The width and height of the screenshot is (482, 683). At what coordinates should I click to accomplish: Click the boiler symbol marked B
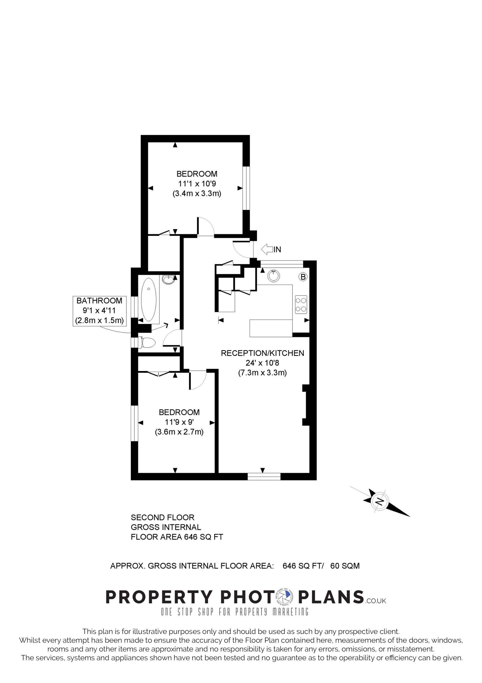point(303,277)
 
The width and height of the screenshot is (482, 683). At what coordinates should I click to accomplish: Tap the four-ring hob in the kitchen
point(301,305)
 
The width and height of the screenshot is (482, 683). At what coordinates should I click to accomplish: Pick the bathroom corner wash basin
point(168,279)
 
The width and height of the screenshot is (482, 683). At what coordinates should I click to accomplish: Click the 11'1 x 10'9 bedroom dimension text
point(197,184)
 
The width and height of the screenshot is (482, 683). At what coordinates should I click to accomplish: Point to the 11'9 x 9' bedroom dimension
point(179,422)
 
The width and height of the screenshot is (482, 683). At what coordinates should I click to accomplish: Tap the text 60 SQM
point(345,566)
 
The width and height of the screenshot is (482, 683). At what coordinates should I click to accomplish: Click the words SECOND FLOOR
point(163,517)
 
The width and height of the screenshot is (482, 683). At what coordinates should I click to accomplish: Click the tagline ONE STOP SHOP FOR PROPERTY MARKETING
point(234,611)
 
